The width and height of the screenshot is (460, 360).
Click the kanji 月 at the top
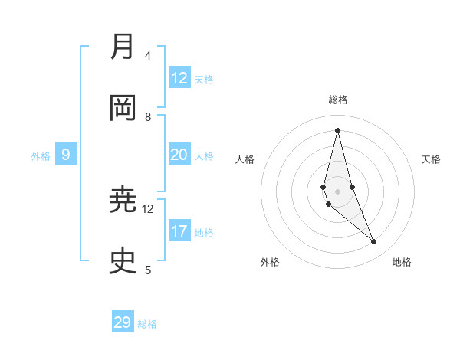pos(123,47)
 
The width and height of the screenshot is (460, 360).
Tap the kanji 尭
pos(123,201)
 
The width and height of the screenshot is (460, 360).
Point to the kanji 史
pos(123,261)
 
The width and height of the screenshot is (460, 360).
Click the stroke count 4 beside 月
pos(148,56)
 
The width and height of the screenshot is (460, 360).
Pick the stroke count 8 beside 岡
pos(148,117)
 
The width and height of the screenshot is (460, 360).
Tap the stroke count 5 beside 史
pos(148,270)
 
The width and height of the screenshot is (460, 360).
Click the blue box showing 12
pos(179,78)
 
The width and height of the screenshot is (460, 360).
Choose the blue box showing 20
pos(179,155)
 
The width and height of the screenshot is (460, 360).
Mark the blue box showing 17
pos(179,231)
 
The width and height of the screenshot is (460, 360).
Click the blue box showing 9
pos(66,155)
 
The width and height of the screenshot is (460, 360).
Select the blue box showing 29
pos(123,322)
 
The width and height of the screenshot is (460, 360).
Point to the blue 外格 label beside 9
pos(41,156)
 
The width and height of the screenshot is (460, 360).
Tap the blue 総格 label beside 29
pos(147,324)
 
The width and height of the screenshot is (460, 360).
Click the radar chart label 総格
pos(338,100)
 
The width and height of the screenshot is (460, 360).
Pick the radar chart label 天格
pos(432,159)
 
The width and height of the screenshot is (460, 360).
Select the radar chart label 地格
pos(402,262)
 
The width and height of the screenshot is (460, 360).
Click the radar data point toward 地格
pos(374,242)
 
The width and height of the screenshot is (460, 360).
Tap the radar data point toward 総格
pos(337,129)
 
